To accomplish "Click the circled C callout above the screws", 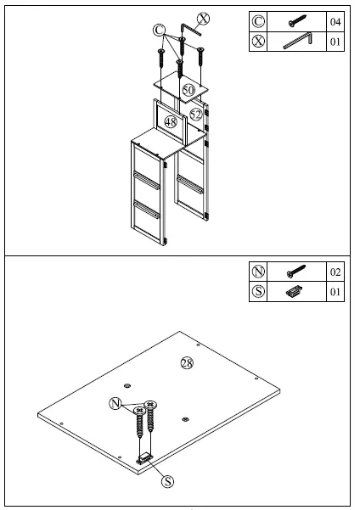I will [x=159, y=29].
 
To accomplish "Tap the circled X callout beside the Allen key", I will [x=205, y=18].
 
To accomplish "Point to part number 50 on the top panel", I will [x=188, y=88].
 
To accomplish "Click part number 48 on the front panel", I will [x=171, y=123].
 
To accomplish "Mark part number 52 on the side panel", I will [x=197, y=114].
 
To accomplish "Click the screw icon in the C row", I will [x=298, y=21].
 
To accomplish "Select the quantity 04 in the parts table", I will [x=335, y=21].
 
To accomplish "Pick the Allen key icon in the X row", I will [x=298, y=41].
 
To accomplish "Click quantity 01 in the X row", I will [x=335, y=41].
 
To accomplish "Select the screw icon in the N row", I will [x=298, y=272].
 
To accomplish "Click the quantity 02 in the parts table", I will [x=335, y=272].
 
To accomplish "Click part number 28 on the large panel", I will [x=186, y=363].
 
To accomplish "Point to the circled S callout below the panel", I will [x=167, y=481].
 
